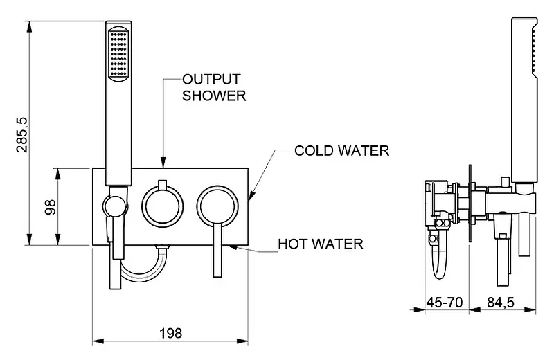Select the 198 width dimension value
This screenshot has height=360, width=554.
[x=170, y=332]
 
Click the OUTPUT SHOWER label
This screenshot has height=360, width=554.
[x=213, y=87]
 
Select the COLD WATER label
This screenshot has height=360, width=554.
[x=341, y=150]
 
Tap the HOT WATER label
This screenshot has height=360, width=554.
[x=320, y=244]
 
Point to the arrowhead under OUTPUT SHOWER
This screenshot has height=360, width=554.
[x=163, y=163]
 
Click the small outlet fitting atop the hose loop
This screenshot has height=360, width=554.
[x=163, y=247]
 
